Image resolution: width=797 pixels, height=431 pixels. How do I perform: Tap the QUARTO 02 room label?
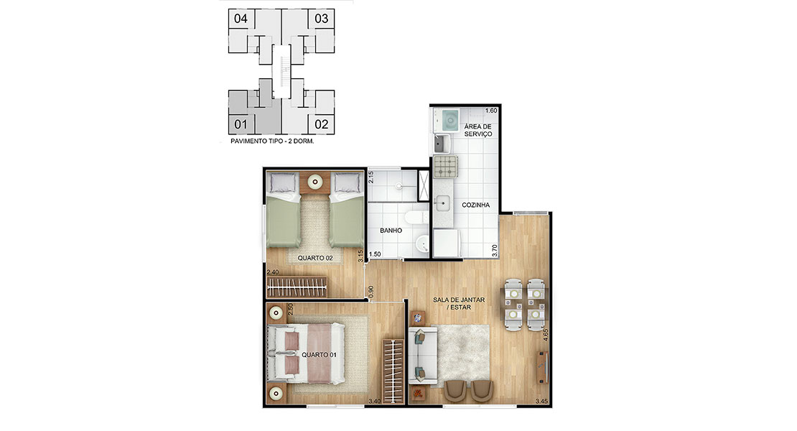pyautogui.click(x=315, y=258)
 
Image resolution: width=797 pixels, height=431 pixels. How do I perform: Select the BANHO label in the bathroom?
pyautogui.click(x=391, y=231)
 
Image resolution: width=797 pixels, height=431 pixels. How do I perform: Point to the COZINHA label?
pyautogui.click(x=476, y=205)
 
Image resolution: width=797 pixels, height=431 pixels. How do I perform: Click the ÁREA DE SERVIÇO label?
pyautogui.click(x=477, y=130)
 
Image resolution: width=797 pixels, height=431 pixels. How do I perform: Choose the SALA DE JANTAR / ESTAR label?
pyautogui.click(x=459, y=303)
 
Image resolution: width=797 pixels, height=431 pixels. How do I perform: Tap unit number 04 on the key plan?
pyautogui.click(x=241, y=19)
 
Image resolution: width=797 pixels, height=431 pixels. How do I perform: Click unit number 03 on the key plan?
pyautogui.click(x=321, y=19)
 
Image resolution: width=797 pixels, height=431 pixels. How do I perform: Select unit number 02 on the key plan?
pyautogui.click(x=321, y=124)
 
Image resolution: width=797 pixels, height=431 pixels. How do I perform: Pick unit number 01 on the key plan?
pyautogui.click(x=241, y=124)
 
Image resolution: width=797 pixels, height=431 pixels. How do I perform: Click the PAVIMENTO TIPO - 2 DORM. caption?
pyautogui.click(x=272, y=142)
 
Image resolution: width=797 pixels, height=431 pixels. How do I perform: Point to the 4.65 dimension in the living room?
pyautogui.click(x=546, y=335)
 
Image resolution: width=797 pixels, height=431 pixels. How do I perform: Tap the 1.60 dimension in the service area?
pyautogui.click(x=491, y=111)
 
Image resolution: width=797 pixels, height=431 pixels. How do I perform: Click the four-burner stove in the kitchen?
pyautogui.click(x=445, y=167)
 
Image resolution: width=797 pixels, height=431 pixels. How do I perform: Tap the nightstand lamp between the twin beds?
pyautogui.click(x=315, y=182)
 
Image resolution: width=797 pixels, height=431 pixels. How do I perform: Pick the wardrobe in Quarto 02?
pyautogui.click(x=297, y=287)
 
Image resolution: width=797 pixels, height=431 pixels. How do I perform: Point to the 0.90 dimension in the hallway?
pyautogui.click(x=371, y=292)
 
